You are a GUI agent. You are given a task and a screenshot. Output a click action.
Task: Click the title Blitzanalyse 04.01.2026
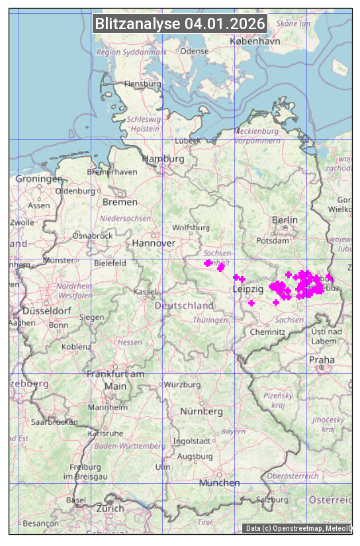[x=180, y=24]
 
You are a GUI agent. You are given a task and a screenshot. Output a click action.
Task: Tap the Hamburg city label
[x=163, y=159]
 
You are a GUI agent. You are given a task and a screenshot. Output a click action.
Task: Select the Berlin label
[x=285, y=220]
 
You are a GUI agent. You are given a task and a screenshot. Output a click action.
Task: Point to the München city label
[x=219, y=483]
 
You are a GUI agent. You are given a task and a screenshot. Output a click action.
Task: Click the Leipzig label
[x=248, y=290]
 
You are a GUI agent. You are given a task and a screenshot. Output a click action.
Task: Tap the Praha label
[x=321, y=360]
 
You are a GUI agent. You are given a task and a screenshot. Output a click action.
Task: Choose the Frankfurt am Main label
[x=115, y=380]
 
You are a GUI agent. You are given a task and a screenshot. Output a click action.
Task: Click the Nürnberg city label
[x=202, y=412]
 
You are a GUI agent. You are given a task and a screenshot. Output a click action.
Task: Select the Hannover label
[x=154, y=244]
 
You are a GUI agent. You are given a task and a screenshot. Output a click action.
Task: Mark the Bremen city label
[x=120, y=202]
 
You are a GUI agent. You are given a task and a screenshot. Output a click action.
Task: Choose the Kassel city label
[x=145, y=291]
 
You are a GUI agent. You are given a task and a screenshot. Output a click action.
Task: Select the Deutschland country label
[x=184, y=306]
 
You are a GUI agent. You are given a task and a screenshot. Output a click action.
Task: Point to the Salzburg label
[x=273, y=500]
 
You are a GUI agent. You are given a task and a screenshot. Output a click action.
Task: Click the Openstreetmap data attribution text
[x=298, y=528]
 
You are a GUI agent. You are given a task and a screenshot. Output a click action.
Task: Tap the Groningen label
[x=39, y=179]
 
